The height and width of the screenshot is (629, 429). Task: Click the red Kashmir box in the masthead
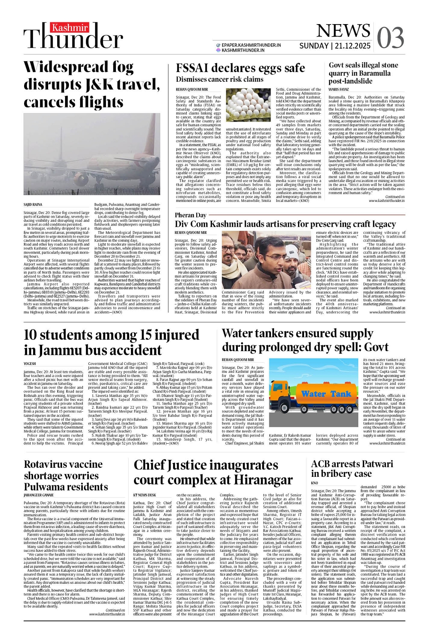click(x=70, y=28)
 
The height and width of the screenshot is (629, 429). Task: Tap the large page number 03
click(x=390, y=38)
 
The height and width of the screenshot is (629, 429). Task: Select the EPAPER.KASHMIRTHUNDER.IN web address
click(x=251, y=45)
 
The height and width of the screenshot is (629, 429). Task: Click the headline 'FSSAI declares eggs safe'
click(x=240, y=68)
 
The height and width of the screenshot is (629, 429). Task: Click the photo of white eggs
click(x=248, y=105)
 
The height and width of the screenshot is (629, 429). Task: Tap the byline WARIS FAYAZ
click(x=339, y=90)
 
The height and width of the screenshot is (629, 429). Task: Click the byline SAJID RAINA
click(x=33, y=205)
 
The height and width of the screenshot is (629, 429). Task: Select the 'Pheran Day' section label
click(x=190, y=215)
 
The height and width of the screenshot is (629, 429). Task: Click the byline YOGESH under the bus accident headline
click(x=30, y=364)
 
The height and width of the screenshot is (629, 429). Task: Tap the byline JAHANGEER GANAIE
click(x=39, y=495)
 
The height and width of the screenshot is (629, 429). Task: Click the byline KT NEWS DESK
click(x=145, y=495)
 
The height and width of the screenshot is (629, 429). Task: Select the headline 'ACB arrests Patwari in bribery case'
click(x=351, y=469)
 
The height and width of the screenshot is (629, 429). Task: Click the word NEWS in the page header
click(x=343, y=31)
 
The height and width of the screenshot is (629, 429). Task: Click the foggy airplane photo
click(x=92, y=154)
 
